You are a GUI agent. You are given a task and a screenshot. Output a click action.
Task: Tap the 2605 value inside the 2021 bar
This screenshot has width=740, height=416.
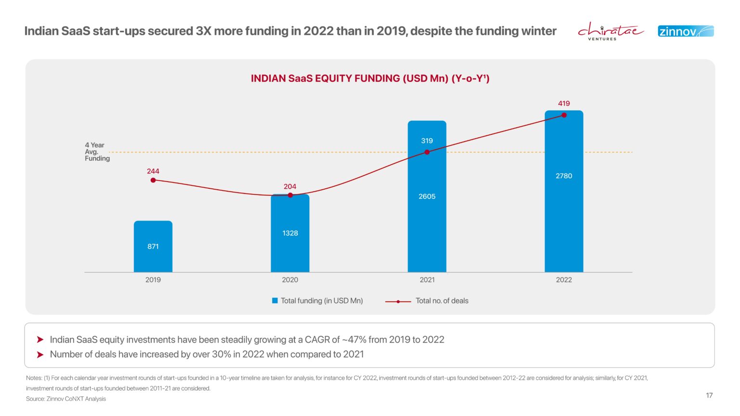(x=427, y=196)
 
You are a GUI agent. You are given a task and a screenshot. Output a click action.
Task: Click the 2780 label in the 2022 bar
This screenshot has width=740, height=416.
(x=564, y=176)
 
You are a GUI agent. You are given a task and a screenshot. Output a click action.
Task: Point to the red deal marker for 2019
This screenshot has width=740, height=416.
(x=153, y=180)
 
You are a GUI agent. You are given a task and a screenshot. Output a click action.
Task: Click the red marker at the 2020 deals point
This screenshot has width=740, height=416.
(x=290, y=195)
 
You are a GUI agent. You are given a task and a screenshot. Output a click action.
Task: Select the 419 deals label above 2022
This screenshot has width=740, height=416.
(x=564, y=104)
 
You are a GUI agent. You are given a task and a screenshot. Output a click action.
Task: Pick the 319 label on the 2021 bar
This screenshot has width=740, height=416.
(x=427, y=141)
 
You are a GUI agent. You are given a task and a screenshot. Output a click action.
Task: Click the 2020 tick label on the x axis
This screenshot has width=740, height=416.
(x=290, y=280)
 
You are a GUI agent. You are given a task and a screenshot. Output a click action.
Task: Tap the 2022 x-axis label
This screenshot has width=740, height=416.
(x=564, y=280)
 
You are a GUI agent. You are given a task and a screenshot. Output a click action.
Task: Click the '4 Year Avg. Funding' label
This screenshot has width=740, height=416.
(x=97, y=152)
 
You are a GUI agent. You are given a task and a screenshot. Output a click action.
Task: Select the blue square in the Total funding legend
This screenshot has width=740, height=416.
(x=275, y=300)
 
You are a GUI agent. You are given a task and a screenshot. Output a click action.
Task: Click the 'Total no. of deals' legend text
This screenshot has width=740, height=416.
(x=442, y=300)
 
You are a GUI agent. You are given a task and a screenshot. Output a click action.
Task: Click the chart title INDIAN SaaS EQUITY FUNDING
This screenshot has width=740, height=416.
(x=370, y=78)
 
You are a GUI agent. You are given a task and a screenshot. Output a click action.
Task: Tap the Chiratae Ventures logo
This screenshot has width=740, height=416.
(x=610, y=31)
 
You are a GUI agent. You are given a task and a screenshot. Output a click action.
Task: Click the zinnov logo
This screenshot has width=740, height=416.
(x=686, y=31)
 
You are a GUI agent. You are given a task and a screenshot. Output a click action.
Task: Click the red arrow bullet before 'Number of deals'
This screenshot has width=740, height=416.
(x=40, y=354)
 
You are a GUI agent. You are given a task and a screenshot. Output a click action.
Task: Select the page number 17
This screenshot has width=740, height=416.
(x=709, y=395)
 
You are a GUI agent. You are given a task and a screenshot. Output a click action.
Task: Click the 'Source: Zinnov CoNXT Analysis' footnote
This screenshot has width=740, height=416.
(x=66, y=399)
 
